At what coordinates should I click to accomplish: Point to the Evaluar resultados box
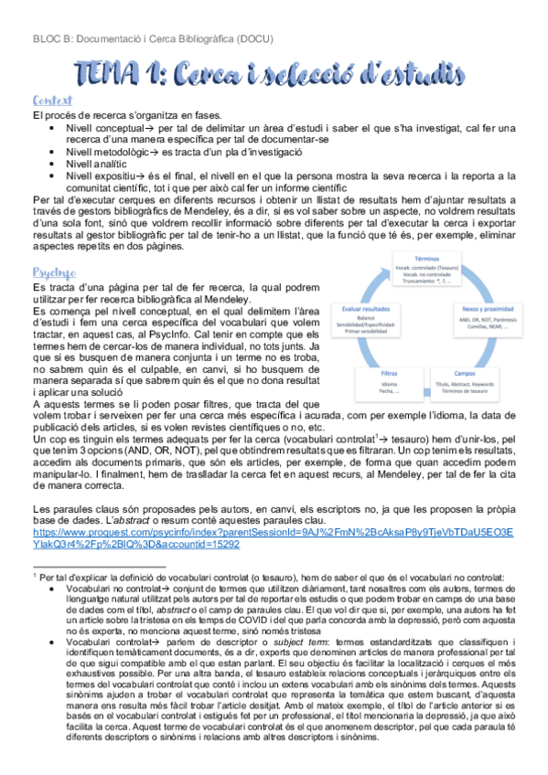coord(367,320)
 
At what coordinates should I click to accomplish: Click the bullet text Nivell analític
coord(101,164)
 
